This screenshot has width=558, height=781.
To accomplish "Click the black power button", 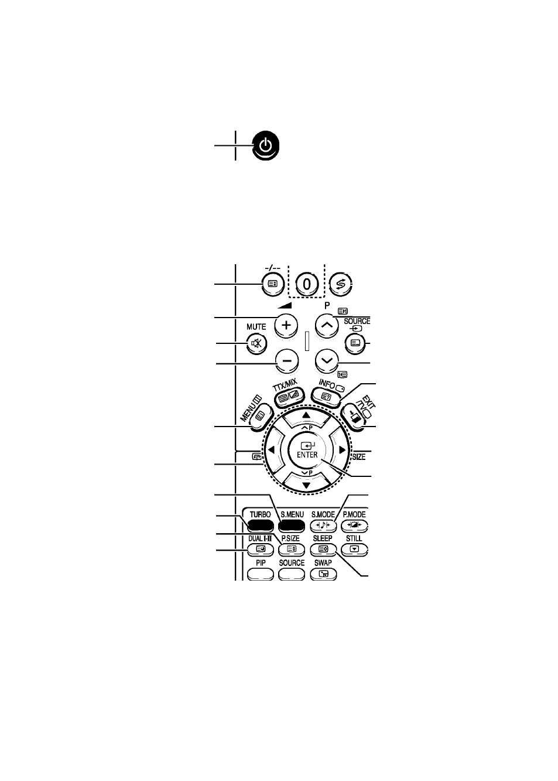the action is [266, 145].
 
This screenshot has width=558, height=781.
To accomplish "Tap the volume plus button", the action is [286, 326].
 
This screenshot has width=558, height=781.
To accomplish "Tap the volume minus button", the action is [287, 361].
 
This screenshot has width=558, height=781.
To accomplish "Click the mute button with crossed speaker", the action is [256, 344].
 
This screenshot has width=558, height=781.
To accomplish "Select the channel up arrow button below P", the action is [327, 326].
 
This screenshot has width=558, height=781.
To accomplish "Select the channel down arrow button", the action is [327, 361].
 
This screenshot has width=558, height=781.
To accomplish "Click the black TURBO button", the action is [260, 525].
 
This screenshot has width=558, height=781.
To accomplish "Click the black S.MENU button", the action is [292, 525].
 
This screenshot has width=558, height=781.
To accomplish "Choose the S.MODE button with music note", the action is [323, 525].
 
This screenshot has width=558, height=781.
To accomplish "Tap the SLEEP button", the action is [323, 549].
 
